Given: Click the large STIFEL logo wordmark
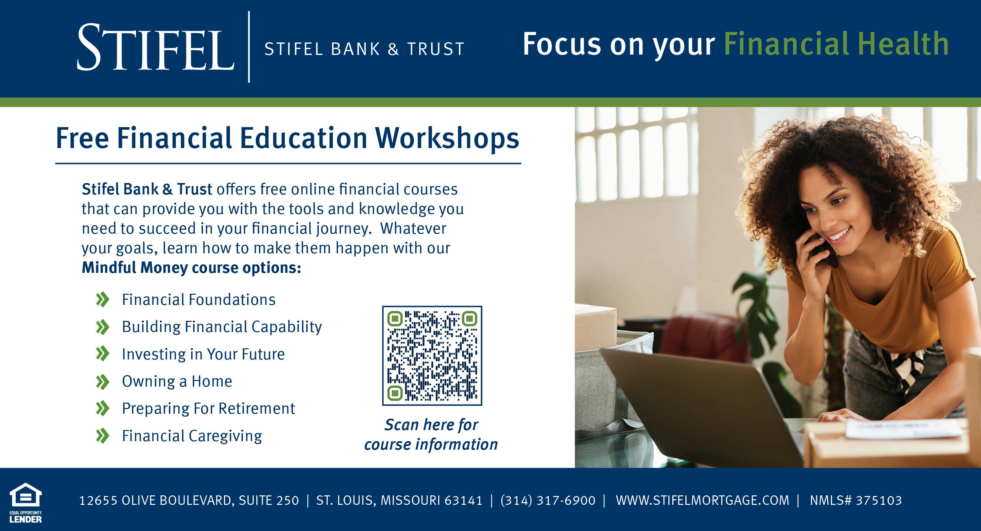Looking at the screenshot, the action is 155,47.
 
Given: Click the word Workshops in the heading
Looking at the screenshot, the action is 447,138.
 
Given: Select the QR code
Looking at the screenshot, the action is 432,356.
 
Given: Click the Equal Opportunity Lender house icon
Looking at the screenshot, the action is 26,495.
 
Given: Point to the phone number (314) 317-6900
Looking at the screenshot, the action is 548,500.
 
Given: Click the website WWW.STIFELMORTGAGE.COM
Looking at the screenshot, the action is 703,500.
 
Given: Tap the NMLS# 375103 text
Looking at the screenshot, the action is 856,500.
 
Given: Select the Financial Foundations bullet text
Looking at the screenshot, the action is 198,300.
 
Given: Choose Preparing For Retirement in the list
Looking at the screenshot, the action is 208,408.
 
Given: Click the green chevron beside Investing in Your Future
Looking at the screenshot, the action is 102,354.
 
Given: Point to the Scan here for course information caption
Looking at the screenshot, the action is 431,434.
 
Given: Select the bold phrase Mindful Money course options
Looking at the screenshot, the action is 191,268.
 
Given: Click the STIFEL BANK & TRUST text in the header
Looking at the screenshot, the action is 365,49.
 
